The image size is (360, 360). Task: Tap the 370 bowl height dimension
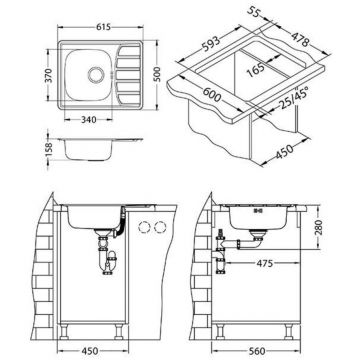click(x=48, y=75)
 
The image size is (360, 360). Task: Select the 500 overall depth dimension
click(x=157, y=74)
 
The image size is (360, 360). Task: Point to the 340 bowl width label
click(x=89, y=119)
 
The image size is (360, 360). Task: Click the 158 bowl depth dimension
click(x=49, y=150)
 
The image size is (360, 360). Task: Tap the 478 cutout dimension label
click(x=301, y=40)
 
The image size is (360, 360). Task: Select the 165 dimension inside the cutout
click(x=256, y=69)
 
